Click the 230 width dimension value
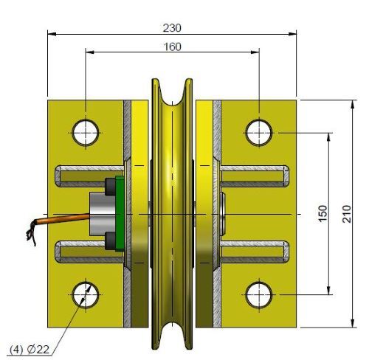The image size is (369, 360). [x=172, y=27]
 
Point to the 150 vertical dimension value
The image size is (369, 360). [x=322, y=214]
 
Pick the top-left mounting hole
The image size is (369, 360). [x=86, y=132]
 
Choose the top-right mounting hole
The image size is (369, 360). [x=258, y=132]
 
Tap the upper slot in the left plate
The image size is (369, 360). [x=87, y=176]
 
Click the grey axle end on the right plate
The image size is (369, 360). [x=224, y=213]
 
